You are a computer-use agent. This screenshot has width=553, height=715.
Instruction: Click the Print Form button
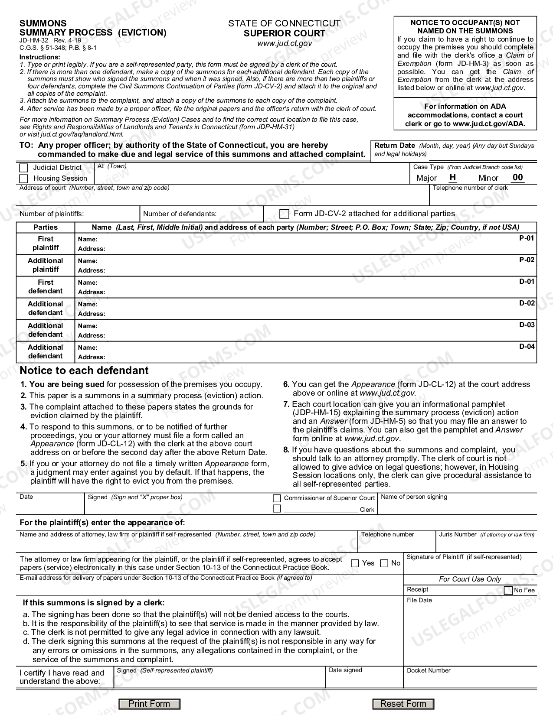(x=149, y=704)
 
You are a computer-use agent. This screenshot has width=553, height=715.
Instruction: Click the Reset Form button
(x=403, y=704)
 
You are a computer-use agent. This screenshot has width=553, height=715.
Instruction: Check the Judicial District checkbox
(x=24, y=168)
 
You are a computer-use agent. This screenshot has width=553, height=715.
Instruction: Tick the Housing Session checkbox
(x=24, y=179)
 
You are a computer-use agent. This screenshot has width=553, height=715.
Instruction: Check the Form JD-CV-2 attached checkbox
(x=284, y=214)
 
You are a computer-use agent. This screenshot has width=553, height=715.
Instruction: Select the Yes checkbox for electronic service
(x=355, y=563)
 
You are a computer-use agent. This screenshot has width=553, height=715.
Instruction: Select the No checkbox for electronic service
(x=384, y=563)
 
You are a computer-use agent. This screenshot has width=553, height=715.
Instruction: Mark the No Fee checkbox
(x=508, y=590)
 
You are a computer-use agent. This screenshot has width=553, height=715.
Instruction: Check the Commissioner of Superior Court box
(x=277, y=498)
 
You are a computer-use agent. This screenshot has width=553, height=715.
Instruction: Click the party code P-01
(x=527, y=238)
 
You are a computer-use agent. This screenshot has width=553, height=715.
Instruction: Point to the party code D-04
(x=527, y=347)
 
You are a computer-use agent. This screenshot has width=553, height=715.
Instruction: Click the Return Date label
(x=394, y=146)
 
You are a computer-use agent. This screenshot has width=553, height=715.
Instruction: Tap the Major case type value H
(x=452, y=177)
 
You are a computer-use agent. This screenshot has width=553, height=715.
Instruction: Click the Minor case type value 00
(x=517, y=177)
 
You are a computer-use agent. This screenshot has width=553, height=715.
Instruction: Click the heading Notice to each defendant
(x=84, y=370)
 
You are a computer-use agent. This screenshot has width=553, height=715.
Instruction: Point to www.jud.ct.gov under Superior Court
(x=284, y=43)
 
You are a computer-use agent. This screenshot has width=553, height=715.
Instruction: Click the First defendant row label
(x=46, y=286)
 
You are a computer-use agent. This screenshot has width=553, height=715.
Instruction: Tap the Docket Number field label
(x=429, y=670)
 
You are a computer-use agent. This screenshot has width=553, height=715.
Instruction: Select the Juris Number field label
(x=458, y=535)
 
